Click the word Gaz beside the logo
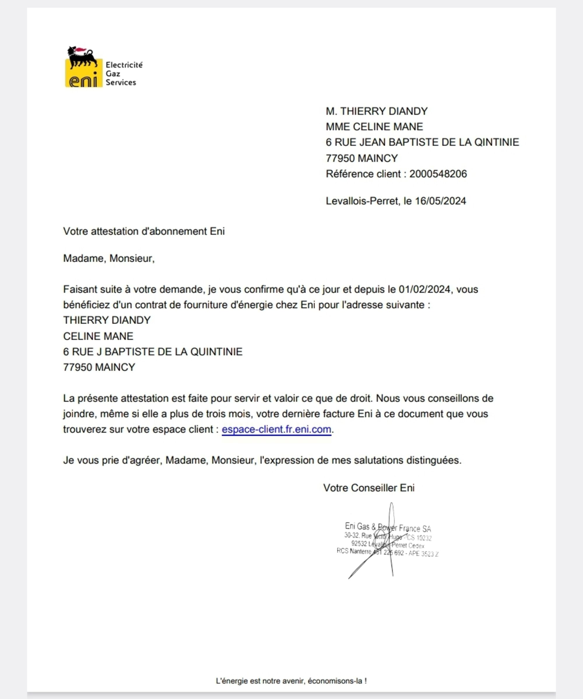point(113,73)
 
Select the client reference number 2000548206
point(438,174)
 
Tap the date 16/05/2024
point(440,201)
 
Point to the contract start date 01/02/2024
point(424,289)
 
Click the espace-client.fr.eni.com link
point(276,429)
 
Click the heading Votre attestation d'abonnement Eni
point(144,231)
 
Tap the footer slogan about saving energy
point(291,681)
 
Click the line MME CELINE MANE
point(374,127)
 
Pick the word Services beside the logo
point(121,82)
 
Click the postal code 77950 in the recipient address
point(340,158)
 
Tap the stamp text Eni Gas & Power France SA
point(388,527)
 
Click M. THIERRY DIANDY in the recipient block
point(377,111)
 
